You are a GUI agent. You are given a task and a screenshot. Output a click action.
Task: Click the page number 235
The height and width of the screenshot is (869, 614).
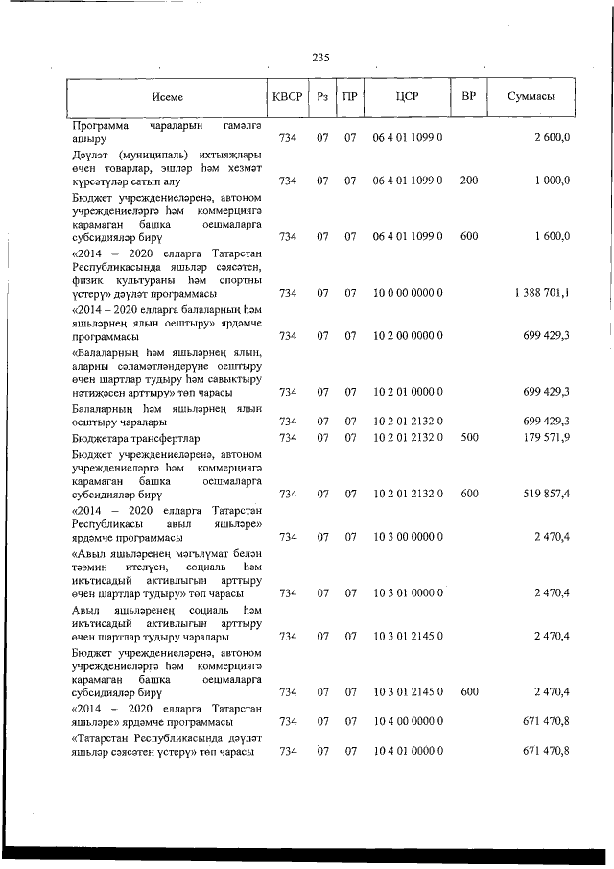320,58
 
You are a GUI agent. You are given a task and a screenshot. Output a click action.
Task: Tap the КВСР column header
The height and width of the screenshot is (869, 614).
287,97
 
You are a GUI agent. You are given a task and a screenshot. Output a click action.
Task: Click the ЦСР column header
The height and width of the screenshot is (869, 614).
407,97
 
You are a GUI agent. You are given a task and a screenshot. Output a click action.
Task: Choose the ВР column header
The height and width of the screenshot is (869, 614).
469,97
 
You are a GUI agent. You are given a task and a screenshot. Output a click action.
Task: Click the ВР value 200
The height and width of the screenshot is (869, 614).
469,181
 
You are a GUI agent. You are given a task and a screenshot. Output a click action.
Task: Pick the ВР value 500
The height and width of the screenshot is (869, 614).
469,438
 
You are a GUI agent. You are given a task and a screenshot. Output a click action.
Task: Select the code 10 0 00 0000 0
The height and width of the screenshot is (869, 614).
407,292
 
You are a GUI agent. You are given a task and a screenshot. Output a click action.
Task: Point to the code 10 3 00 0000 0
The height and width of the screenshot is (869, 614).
407,537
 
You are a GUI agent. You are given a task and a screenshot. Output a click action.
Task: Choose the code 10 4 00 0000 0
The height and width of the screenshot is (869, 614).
407,720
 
